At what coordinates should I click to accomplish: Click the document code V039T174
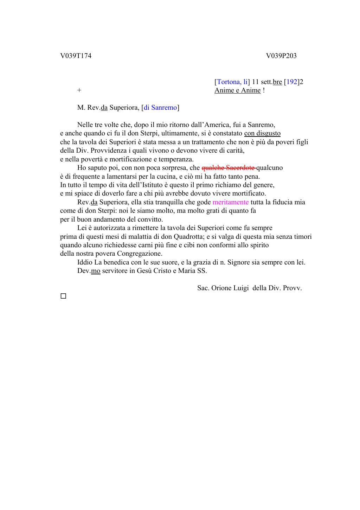coord(76,56)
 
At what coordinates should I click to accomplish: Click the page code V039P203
coord(281,56)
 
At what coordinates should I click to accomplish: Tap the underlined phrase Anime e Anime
coord(238,90)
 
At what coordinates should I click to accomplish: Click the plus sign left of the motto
coord(79,90)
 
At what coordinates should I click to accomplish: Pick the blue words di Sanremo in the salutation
coord(160,108)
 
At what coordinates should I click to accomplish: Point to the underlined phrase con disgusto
coord(262,133)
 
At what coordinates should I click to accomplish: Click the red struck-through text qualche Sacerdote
coord(229,168)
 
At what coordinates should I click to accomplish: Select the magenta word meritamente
coord(231,202)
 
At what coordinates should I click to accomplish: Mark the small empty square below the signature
coord(63,296)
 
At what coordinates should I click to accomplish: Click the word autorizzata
coord(109,228)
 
